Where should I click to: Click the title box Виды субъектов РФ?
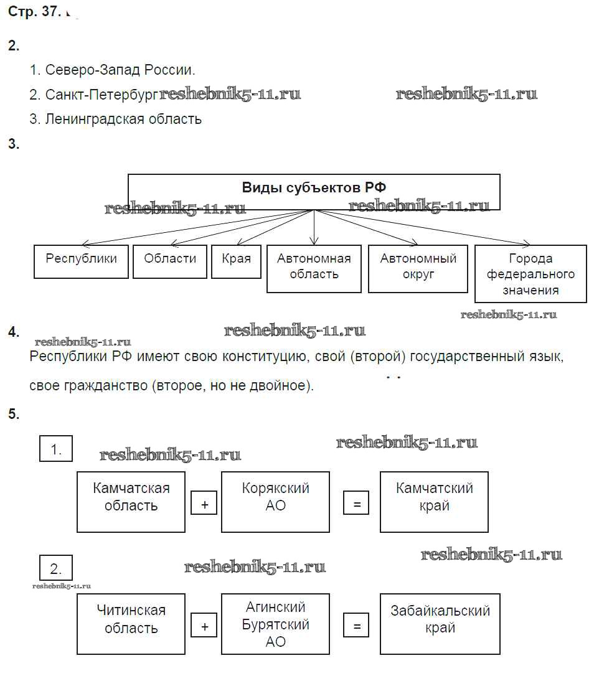tap(314, 188)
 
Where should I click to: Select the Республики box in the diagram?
tap(81, 261)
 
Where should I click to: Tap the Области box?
tap(170, 261)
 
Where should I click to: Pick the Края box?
tap(236, 261)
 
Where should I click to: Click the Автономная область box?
tap(314, 268)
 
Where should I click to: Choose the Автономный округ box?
tap(418, 268)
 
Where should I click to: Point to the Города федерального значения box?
tap(530, 274)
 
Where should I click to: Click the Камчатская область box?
tap(131, 501)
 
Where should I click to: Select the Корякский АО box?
tap(275, 501)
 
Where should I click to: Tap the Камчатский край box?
tap(434, 501)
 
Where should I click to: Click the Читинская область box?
tap(131, 623)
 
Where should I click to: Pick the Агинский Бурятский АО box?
tap(275, 623)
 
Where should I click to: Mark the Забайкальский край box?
tap(440, 623)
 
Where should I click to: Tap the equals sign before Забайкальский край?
tap(356, 626)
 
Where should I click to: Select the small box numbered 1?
tap(56, 449)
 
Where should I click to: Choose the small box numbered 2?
tap(56, 568)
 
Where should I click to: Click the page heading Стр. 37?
tap(34, 12)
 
